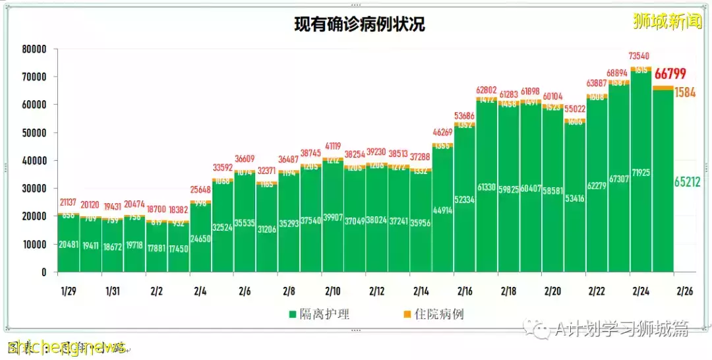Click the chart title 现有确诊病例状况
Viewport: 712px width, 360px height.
359,24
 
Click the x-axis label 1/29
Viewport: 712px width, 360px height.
68,291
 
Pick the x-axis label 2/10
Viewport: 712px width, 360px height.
332,291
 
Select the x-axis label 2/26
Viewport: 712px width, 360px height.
685,291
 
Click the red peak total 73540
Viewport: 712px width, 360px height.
641,57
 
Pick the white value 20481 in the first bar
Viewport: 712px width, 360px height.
69,245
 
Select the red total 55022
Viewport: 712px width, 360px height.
574,109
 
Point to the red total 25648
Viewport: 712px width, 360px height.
200,191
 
